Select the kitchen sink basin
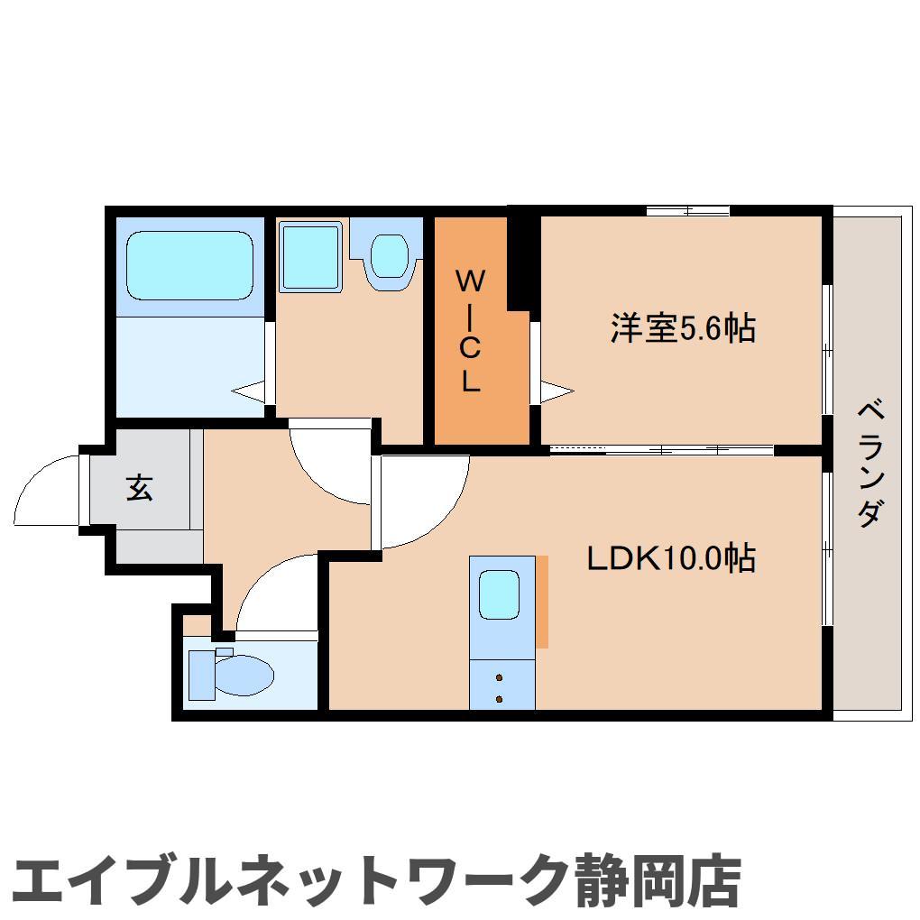pyautogui.click(x=499, y=596)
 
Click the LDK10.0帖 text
pyautogui.click(x=671, y=560)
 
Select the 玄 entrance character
pyautogui.click(x=139, y=488)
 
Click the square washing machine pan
pyautogui.click(x=310, y=255)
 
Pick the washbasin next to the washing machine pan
pyautogui.click(x=389, y=256)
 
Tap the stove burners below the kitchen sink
pyautogui.click(x=499, y=687)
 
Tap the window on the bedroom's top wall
pyautogui.click(x=687, y=211)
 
